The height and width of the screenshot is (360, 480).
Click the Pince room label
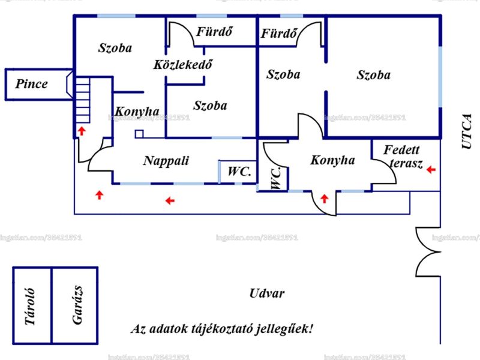click(x=32, y=84)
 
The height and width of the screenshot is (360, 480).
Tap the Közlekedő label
click(x=183, y=64)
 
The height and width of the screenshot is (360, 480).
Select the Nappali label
click(x=166, y=161)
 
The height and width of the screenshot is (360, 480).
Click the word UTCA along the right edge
click(x=467, y=131)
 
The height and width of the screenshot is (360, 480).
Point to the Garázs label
click(x=77, y=305)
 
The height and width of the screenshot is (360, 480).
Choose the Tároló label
click(x=29, y=307)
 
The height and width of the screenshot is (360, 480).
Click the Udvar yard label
click(x=267, y=293)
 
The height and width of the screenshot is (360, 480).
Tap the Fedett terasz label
click(x=403, y=157)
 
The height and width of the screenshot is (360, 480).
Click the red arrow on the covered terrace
click(x=431, y=169)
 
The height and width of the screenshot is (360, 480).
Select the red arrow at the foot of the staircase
click(x=82, y=131)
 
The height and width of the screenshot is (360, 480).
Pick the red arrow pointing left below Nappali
click(x=170, y=201)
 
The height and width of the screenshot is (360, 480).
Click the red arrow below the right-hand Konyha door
click(x=324, y=199)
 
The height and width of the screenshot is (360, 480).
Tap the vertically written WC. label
click(x=276, y=178)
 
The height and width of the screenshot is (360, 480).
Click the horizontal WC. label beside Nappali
click(x=239, y=172)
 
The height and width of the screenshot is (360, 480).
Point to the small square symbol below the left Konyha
click(x=139, y=134)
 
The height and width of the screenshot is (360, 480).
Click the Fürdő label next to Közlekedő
click(x=214, y=32)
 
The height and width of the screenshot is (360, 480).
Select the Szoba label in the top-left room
click(x=115, y=48)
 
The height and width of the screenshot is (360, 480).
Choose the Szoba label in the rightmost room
click(x=373, y=75)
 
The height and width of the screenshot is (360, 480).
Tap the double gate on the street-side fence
click(x=428, y=252)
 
